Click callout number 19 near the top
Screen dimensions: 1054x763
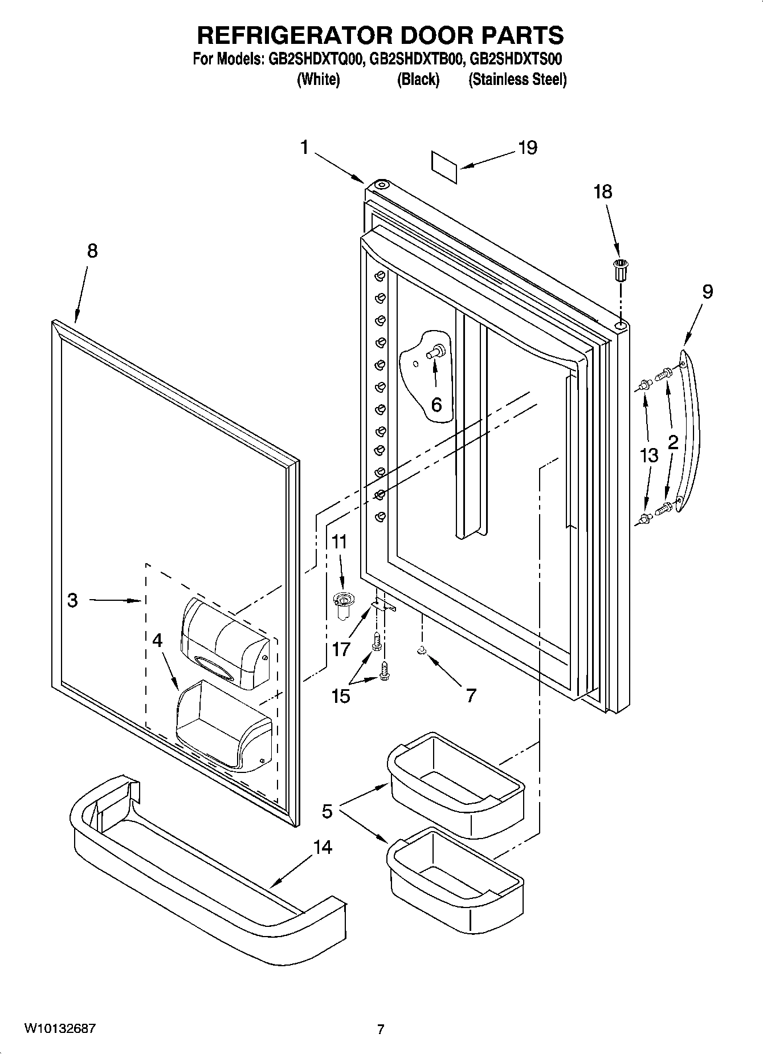527,148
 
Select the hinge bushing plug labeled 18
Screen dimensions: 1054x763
620,269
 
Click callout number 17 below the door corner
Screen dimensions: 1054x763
341,648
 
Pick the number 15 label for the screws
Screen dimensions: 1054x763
341,696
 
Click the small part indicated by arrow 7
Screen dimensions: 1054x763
422,651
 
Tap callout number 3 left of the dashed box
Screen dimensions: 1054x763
72,600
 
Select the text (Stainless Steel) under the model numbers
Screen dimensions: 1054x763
517,79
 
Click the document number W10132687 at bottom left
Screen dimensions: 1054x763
60,1028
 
